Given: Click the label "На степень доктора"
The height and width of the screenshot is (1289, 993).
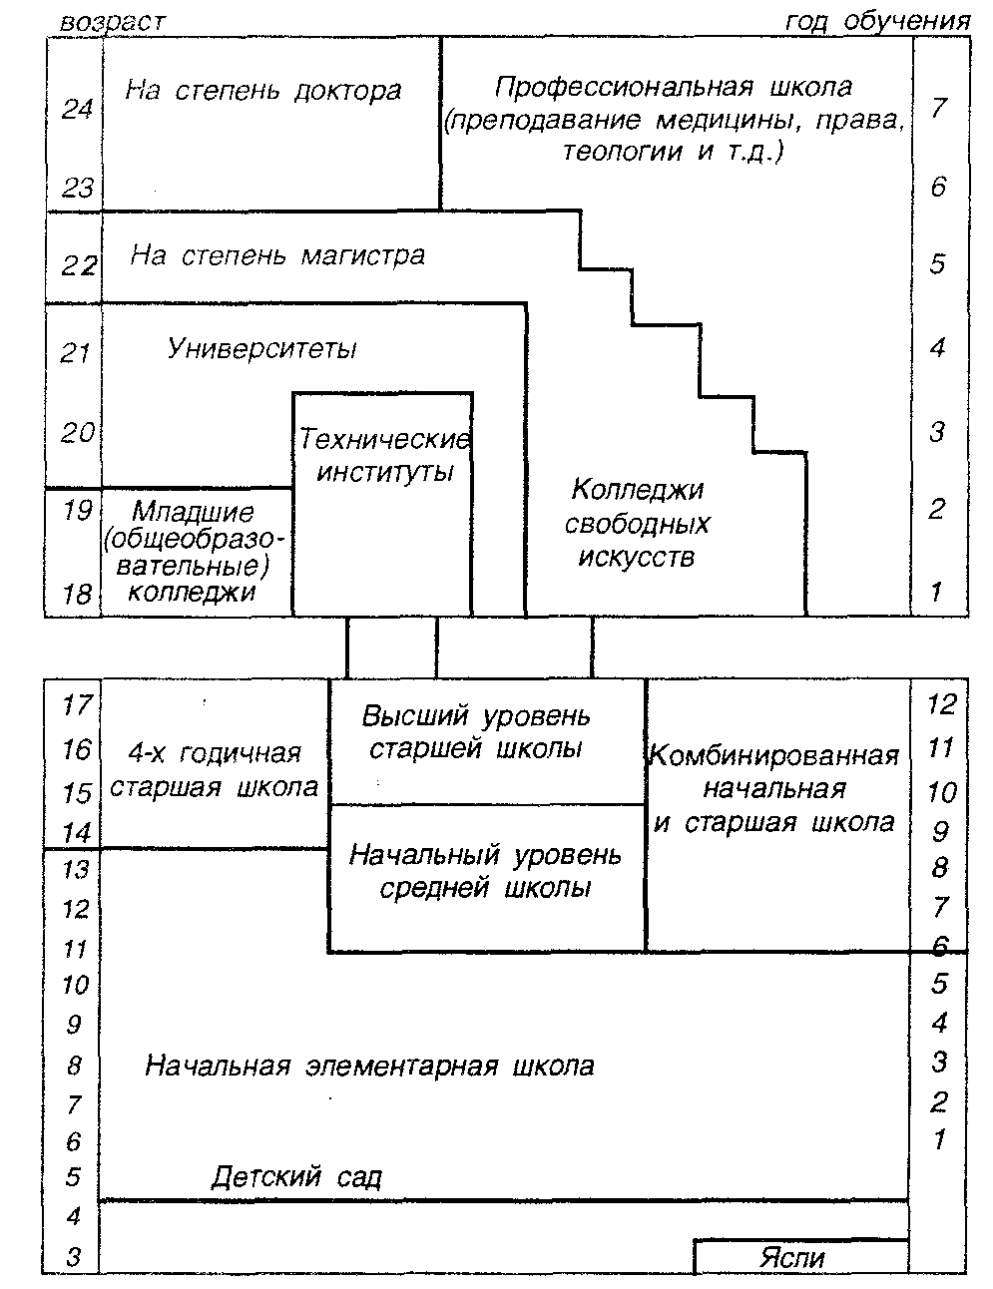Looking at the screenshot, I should tap(263, 92).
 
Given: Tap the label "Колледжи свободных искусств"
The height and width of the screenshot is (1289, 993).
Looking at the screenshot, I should tap(638, 523).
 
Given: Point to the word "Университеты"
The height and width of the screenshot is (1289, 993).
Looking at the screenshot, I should tap(262, 349).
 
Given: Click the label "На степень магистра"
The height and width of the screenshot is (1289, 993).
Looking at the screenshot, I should tap(277, 256).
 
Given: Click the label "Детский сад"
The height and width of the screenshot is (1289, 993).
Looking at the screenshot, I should tap(296, 1177).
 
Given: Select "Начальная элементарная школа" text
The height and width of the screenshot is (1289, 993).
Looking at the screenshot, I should tap(369, 1066).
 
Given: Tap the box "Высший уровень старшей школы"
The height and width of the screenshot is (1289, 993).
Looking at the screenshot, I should tap(476, 732).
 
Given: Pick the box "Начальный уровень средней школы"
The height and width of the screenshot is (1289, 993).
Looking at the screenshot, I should tap(485, 871).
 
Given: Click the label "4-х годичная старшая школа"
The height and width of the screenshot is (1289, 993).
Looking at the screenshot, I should tap(215, 769).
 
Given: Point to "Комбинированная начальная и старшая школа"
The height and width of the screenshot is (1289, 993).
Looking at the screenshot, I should tap(774, 789).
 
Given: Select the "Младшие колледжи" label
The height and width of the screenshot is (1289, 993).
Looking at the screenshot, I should tap(193, 552).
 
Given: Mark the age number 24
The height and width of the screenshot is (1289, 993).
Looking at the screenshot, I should tap(77, 110).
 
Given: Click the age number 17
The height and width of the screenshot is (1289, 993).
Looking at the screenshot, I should tap(76, 706).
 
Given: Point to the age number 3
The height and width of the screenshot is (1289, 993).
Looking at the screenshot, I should tap(74, 1257).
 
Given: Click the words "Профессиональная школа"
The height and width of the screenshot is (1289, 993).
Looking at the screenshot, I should tap(674, 87).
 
